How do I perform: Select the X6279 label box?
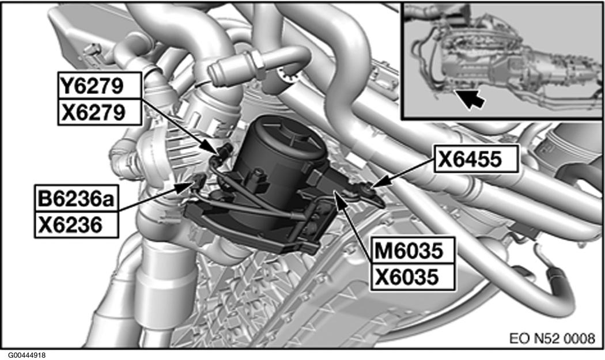(x=100, y=112)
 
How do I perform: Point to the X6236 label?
(x=77, y=224)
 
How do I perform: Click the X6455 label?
(x=476, y=158)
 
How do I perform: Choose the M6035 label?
(x=413, y=251)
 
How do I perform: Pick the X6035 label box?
(x=413, y=277)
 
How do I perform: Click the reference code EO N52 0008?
(x=552, y=339)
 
